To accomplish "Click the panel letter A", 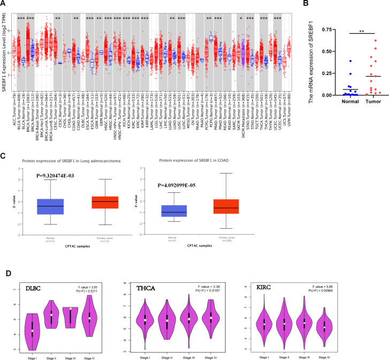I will click(x=4, y=4).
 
